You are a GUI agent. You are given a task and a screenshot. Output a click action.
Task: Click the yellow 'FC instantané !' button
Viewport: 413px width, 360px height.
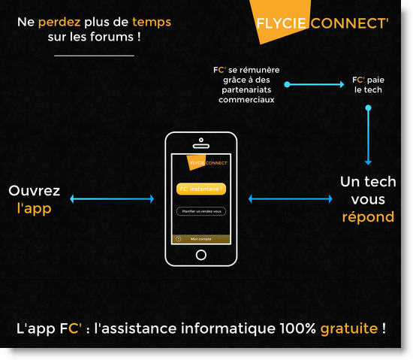[201, 189]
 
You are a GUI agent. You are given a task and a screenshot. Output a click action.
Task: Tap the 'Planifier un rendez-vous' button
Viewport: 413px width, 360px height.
[201, 211]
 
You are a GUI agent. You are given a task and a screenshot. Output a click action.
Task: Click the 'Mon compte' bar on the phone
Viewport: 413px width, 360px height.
[201, 239]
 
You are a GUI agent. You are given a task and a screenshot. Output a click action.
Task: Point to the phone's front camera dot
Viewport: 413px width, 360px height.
[201, 140]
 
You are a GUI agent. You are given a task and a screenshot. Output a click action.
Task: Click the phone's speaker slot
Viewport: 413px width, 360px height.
[201, 146]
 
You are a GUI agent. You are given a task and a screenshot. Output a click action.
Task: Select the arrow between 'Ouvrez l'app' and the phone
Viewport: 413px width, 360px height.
[112, 198]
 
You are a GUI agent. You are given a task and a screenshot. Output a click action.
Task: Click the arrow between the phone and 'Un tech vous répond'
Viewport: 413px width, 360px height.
[291, 198]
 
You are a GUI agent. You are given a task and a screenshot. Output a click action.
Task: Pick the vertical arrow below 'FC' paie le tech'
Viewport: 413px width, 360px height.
[368, 135]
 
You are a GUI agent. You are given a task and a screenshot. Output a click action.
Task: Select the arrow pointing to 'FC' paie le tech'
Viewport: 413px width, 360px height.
[314, 84]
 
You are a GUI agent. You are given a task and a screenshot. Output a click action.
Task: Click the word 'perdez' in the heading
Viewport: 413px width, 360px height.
[59, 23]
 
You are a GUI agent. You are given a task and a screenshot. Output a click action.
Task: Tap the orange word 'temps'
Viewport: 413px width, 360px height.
[152, 23]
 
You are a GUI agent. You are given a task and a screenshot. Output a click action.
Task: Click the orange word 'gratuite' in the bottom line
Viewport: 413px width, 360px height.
[349, 328]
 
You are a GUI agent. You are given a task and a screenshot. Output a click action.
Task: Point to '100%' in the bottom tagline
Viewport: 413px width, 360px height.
[297, 328]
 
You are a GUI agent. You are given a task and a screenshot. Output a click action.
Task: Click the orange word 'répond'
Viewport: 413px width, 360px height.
[368, 217]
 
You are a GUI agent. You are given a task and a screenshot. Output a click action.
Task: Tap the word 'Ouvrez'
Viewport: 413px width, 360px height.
[35, 191]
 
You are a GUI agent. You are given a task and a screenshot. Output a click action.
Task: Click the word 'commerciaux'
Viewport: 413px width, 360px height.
[246, 100]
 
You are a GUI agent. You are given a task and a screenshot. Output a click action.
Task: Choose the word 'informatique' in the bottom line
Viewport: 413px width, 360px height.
[228, 328]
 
